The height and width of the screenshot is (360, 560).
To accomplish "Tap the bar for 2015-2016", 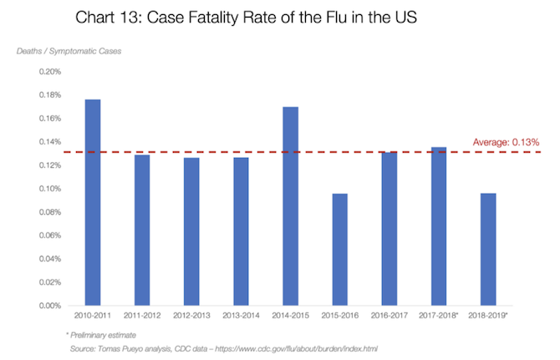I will [x=340, y=250].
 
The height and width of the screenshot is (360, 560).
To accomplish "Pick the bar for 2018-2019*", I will [x=488, y=250].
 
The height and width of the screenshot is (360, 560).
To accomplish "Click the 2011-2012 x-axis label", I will [x=142, y=317].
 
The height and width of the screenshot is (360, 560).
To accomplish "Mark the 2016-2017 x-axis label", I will [x=389, y=317].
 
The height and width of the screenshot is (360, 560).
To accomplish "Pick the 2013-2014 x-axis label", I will [x=241, y=317].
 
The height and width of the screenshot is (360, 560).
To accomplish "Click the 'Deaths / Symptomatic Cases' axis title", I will [x=69, y=52].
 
